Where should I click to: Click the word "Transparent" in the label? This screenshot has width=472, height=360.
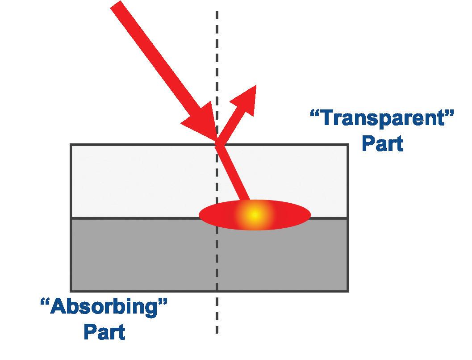point(382,119)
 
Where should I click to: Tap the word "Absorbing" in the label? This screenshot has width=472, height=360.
point(104,308)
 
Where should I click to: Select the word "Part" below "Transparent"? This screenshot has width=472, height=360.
point(382,144)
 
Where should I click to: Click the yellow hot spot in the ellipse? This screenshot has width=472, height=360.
point(254,215)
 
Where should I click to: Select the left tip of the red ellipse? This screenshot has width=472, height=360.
point(200,215)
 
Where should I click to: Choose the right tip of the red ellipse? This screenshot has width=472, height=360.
point(310,215)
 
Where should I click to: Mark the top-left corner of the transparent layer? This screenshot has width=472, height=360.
point(71,145)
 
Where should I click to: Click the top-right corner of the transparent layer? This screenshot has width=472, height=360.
point(348,145)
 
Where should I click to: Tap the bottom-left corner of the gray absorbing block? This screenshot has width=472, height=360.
point(71,291)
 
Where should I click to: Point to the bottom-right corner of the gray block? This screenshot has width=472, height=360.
point(348,291)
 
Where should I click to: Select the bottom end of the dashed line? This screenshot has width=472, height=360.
point(217,333)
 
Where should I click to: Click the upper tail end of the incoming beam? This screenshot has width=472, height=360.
point(117,5)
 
